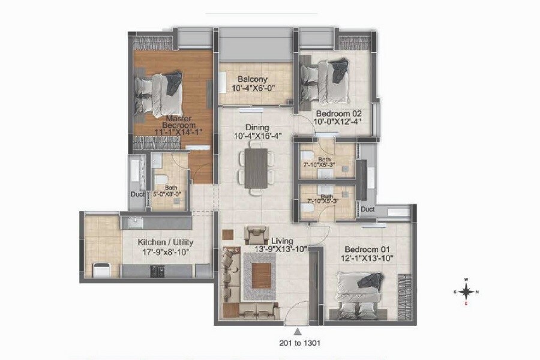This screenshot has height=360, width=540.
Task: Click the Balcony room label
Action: click(251, 79)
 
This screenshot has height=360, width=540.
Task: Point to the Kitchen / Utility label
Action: click(166, 242)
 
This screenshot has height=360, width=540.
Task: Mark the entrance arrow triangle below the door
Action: click(298, 330)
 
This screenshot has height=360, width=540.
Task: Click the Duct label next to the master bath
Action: click(136, 194)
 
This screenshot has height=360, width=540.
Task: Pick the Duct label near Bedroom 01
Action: click(368, 209)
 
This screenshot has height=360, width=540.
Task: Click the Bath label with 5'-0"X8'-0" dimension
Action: click(169, 191)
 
